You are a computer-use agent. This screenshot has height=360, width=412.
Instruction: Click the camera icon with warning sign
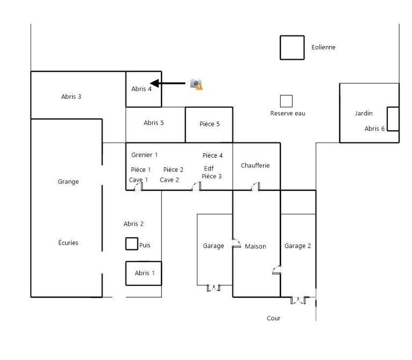pos(196,84)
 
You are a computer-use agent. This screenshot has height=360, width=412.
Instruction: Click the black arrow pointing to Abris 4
pos(167,83)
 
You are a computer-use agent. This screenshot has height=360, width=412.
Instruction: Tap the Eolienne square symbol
pos(292,47)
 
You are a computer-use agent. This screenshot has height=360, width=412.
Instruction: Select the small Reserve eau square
pos(286,101)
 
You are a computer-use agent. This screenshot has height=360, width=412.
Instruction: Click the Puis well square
pos(132,244)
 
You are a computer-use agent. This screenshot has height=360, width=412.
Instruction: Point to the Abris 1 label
pos(145,273)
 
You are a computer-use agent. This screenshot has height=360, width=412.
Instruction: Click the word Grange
pos(68,182)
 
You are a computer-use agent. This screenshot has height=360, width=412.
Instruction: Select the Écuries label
pos(68,243)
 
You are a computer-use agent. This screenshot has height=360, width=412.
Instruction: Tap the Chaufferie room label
pos(255,166)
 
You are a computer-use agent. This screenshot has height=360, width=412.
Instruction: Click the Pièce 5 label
pos(210,124)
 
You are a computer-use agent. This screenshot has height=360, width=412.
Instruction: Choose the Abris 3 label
pos(72,97)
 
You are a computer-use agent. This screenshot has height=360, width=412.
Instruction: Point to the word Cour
pos(274,319)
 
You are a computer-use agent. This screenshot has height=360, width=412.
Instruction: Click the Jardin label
pos(364,114)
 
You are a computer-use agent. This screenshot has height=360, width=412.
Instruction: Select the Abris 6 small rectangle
pos(393,119)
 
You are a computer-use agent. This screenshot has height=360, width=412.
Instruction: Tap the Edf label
pos(209,168)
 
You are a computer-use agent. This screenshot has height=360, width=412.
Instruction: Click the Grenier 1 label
pos(144,155)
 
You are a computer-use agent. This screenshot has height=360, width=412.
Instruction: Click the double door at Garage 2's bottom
pos(298,300)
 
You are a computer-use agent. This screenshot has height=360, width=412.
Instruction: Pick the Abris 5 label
pos(154,123)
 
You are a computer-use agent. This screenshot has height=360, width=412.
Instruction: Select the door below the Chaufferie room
pos(255,187)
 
